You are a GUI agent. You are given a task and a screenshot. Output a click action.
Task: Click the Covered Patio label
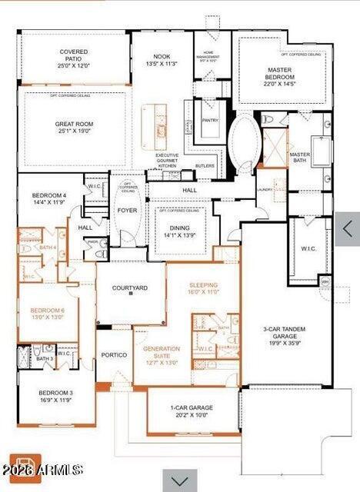coord(75,59)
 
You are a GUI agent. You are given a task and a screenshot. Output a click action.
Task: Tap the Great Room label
coord(75,127)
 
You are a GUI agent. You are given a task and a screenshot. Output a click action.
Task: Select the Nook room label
coord(162,60)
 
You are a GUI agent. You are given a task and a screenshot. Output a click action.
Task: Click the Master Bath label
coord(299,158)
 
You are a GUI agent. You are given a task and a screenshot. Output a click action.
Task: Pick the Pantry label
coord(209,121)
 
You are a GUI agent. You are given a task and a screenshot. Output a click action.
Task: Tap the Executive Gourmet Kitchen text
coord(167,160)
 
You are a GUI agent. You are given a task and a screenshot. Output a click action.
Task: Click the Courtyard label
coord(129,289)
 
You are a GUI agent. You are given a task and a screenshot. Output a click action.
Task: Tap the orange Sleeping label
coord(204,288)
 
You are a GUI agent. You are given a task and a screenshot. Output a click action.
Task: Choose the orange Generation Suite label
coord(161,353)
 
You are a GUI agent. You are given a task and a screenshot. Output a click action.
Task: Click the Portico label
coord(114,377)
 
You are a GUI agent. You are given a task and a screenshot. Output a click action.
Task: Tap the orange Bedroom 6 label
coord(47,314)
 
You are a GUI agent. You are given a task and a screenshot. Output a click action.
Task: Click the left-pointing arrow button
coord(348,228)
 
